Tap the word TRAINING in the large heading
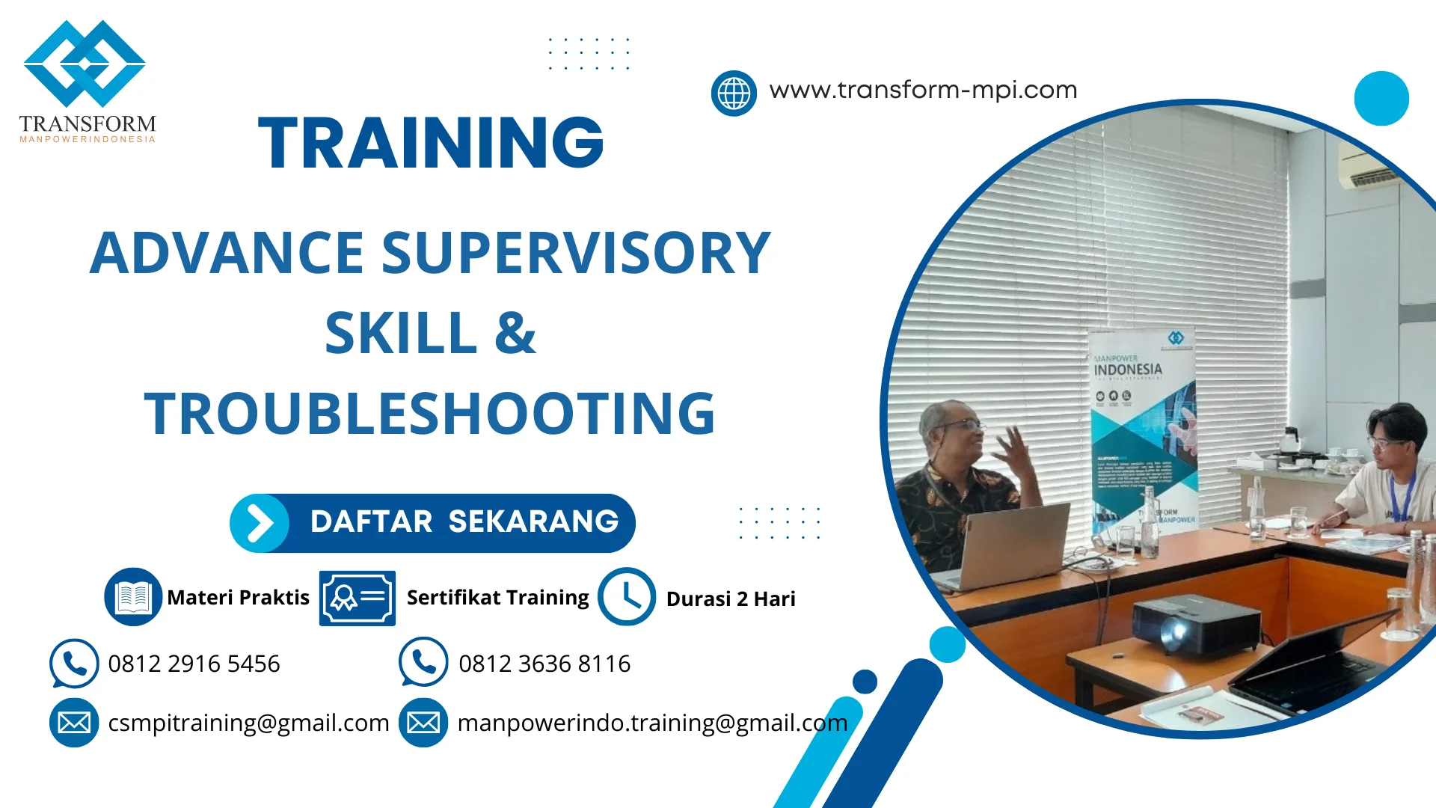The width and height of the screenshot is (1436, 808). (x=431, y=142)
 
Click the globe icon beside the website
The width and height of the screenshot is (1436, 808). (x=734, y=94)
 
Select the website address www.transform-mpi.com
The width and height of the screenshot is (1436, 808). (x=923, y=90)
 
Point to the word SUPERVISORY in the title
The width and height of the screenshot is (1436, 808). (x=576, y=253)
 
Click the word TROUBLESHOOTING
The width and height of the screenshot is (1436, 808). (x=430, y=413)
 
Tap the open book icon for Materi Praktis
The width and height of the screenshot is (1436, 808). (x=133, y=596)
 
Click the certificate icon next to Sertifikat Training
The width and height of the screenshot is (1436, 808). (x=357, y=598)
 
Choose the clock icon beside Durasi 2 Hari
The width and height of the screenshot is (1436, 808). (x=627, y=596)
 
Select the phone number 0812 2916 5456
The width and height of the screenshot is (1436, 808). (x=194, y=664)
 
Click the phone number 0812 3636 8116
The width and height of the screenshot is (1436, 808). (x=544, y=664)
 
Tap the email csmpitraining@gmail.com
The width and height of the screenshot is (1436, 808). (x=248, y=723)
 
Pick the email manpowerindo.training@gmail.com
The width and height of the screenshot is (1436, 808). (x=652, y=723)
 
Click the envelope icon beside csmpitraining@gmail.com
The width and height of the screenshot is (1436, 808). (x=74, y=723)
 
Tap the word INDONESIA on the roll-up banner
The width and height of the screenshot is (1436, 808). (x=1128, y=370)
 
